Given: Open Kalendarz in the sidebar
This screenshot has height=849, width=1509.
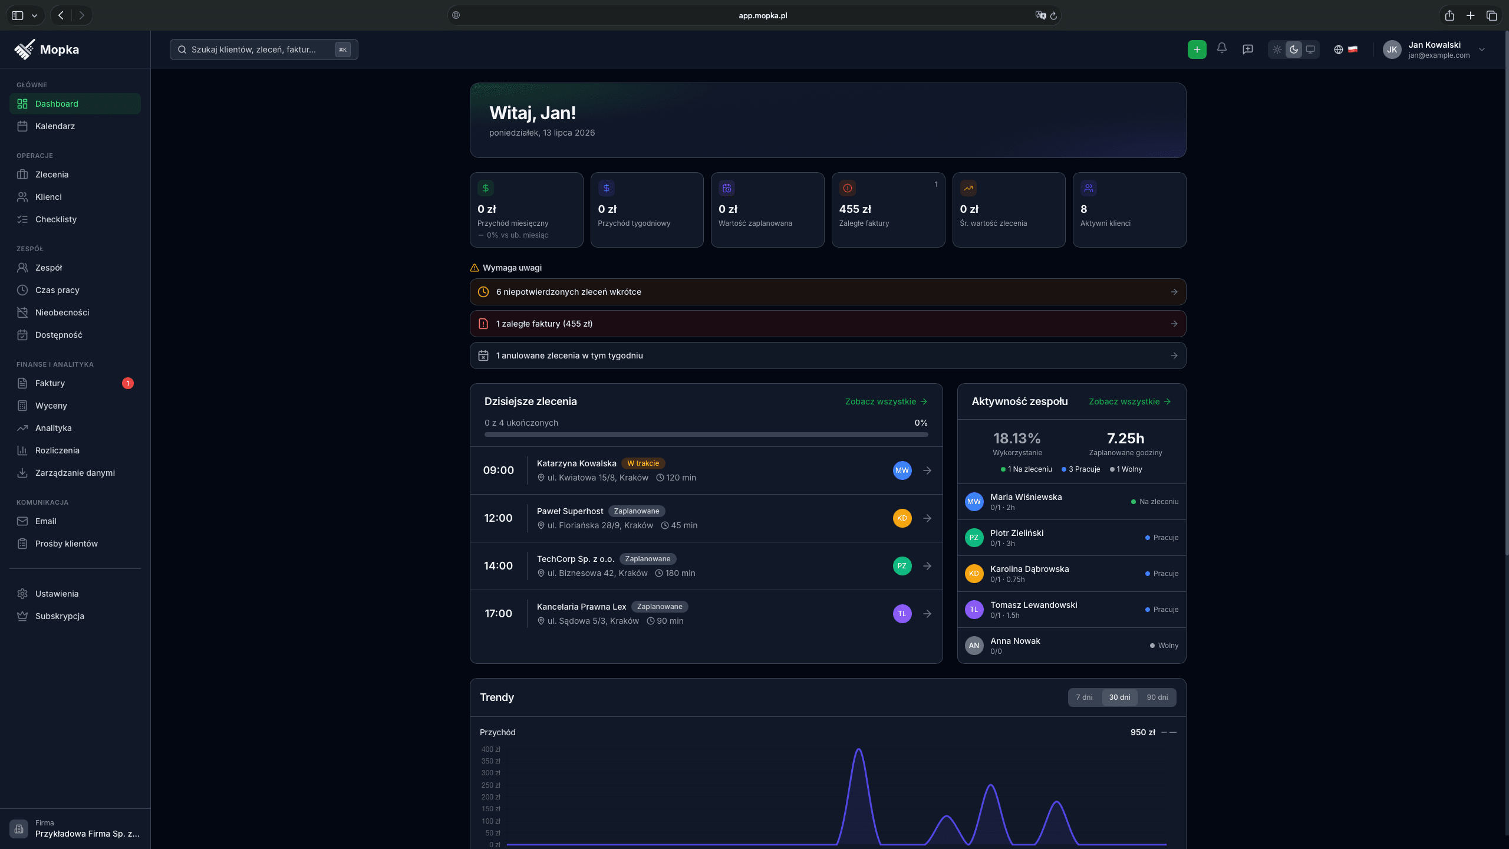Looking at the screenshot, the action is click(x=55, y=126).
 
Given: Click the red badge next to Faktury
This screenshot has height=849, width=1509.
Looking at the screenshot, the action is click(x=128, y=383).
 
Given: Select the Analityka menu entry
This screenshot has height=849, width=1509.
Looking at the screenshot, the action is click(x=53, y=428).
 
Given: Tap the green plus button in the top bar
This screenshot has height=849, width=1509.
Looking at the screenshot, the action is click(x=1197, y=50).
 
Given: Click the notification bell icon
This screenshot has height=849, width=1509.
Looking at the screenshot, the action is click(x=1222, y=48).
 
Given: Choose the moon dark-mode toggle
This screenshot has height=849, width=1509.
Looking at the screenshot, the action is click(x=1293, y=50).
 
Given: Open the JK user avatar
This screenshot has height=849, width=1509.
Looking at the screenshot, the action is click(x=1392, y=50).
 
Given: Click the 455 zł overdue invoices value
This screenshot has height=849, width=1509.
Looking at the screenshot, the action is click(x=855, y=209).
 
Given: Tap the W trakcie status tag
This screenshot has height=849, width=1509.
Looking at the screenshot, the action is click(x=643, y=463).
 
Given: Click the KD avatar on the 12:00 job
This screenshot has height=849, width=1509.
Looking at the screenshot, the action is click(x=902, y=518).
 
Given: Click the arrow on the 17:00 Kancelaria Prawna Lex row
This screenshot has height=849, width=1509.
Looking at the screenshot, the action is click(x=927, y=614).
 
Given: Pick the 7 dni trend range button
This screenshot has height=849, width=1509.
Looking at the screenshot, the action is click(x=1084, y=697).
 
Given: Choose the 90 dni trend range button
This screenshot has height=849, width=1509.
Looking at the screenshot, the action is click(x=1157, y=697).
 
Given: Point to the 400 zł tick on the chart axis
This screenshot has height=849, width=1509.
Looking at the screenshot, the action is click(x=490, y=749).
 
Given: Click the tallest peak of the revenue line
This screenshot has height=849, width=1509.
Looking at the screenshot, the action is click(x=859, y=749).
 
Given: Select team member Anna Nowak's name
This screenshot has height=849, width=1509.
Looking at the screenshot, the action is click(x=1015, y=641).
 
